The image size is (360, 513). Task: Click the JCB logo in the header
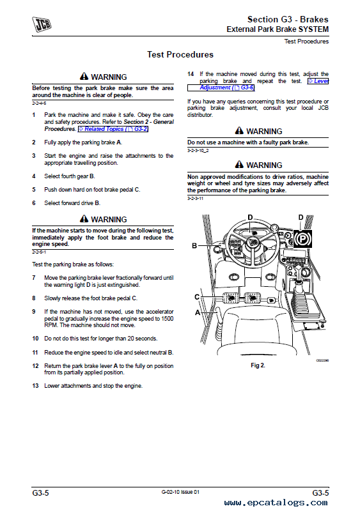coord(42,24)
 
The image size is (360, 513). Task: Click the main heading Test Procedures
coord(180,54)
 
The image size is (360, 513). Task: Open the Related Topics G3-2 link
coord(113,129)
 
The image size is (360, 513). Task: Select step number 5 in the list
coord(34,190)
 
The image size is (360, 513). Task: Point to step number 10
coord(35,339)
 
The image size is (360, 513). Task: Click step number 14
coord(191,74)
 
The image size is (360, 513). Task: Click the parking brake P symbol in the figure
coord(302,238)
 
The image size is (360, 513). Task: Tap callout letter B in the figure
coord(194,245)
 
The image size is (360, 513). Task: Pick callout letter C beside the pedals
coord(197,296)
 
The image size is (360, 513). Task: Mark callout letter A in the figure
coord(198,312)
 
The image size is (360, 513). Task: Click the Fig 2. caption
coord(258,365)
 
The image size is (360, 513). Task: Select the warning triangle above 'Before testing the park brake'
coord(84,76)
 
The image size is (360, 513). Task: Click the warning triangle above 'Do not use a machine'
coord(239,130)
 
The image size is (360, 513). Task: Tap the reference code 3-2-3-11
coord(195,198)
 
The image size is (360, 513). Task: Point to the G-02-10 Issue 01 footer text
coord(180,492)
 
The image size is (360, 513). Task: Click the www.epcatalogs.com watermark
coord(276,503)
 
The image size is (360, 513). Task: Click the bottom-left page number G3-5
coord(41,493)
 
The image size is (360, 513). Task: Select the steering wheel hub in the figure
coord(252,242)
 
